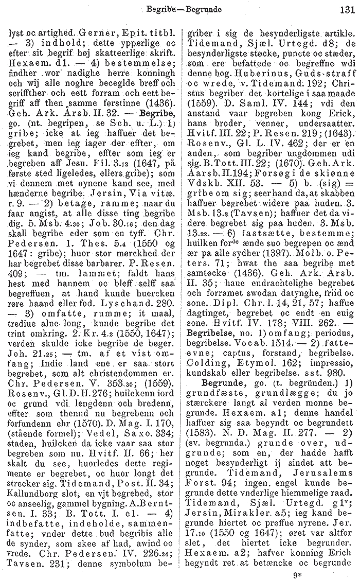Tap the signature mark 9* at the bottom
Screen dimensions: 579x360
339,568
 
